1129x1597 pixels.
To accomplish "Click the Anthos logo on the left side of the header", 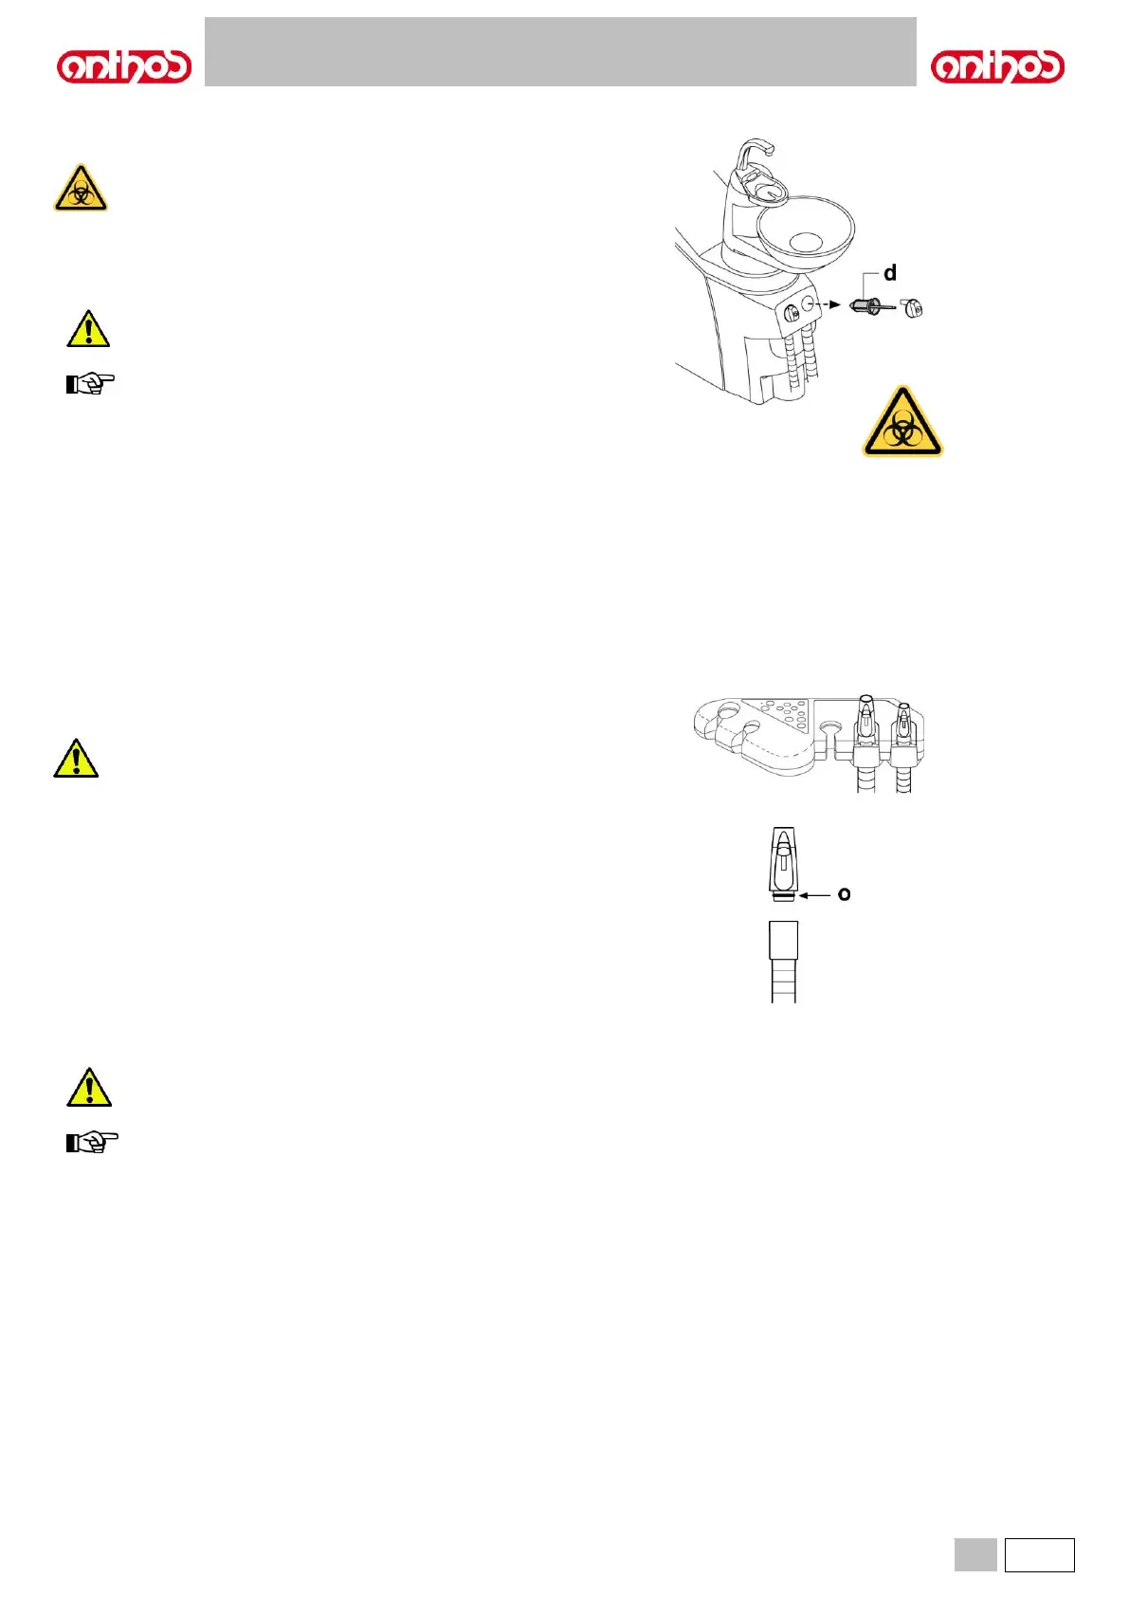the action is (124, 66).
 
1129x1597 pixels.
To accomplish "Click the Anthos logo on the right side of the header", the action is (997, 66).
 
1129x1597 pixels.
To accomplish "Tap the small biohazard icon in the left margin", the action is (81, 188).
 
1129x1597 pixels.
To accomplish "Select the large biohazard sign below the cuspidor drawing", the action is (902, 422).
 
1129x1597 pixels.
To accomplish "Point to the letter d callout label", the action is (890, 273).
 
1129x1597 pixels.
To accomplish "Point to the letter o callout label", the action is (844, 893).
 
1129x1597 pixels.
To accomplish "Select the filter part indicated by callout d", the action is (868, 306).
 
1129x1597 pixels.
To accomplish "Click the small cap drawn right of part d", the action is (911, 308).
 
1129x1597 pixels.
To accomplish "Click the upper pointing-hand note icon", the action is (90, 383).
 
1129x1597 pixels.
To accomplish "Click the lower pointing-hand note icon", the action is (92, 1142).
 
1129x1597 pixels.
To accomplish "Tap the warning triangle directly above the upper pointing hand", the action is (88, 329).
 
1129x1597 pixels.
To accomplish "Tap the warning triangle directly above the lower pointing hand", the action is (89, 1088).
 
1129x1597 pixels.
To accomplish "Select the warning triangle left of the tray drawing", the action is (76, 759).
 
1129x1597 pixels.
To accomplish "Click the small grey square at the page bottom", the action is (975, 1555).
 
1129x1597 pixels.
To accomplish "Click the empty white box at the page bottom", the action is (1039, 1555).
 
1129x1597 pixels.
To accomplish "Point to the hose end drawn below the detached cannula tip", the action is (783, 960).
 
